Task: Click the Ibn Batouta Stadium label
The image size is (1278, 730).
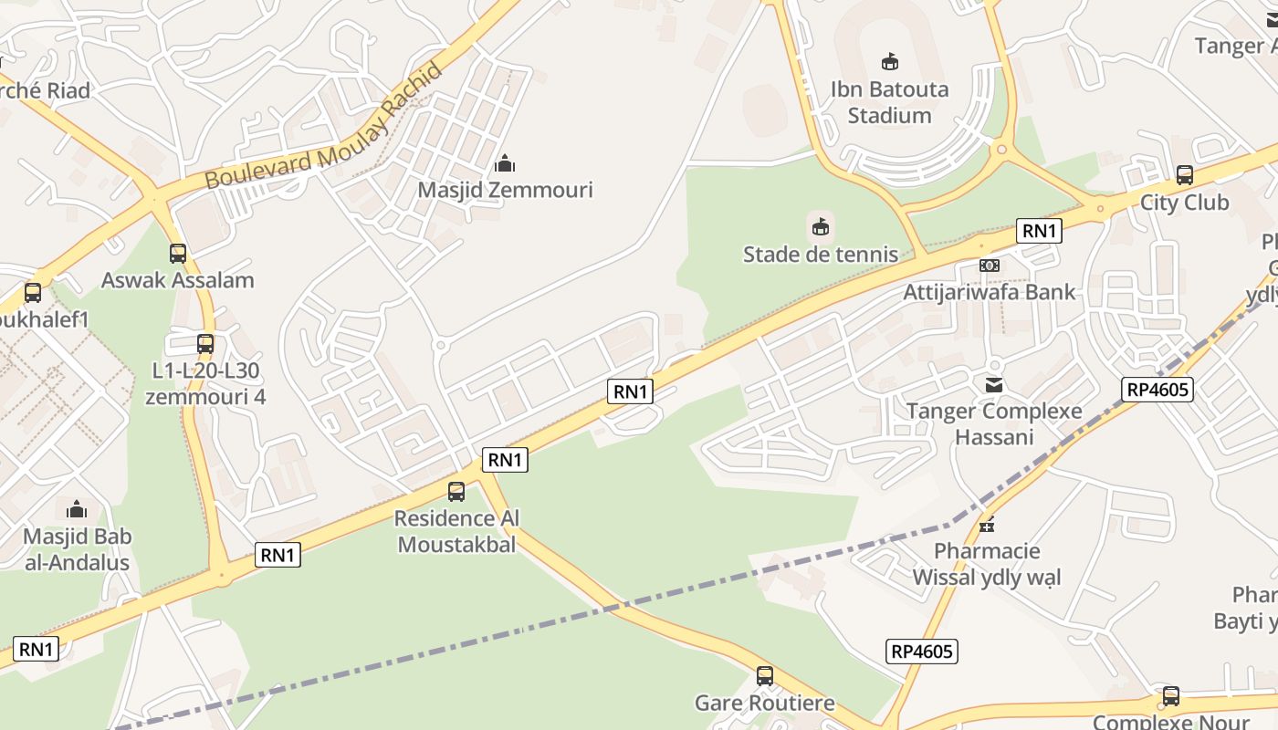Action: click(x=889, y=102)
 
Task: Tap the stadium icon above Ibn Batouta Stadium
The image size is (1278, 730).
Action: click(x=889, y=62)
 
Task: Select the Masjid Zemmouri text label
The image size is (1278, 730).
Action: click(x=505, y=190)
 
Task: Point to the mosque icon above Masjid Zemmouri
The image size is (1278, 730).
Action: click(x=505, y=164)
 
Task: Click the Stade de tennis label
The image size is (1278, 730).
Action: click(x=820, y=254)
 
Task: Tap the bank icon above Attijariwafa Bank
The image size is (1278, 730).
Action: click(x=990, y=266)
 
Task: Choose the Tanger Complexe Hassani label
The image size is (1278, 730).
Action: click(x=993, y=423)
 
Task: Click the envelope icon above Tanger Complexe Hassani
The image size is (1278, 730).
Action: click(x=993, y=385)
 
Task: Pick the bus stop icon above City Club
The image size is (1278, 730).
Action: click(x=1184, y=174)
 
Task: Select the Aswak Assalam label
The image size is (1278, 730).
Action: click(x=177, y=280)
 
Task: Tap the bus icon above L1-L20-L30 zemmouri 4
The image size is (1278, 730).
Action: click(x=205, y=344)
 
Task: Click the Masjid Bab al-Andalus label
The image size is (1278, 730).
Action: click(x=77, y=549)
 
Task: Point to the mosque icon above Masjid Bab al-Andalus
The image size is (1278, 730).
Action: click(x=77, y=509)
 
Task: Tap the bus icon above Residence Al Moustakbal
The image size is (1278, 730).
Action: click(x=456, y=492)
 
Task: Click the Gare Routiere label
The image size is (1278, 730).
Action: click(x=764, y=703)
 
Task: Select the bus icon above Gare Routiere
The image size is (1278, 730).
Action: click(x=764, y=676)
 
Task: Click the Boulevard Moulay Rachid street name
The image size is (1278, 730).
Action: click(x=324, y=125)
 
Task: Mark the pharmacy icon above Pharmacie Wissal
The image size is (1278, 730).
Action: click(x=986, y=525)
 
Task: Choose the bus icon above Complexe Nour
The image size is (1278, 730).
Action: click(x=1170, y=696)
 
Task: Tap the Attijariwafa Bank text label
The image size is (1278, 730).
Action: click(x=990, y=292)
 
